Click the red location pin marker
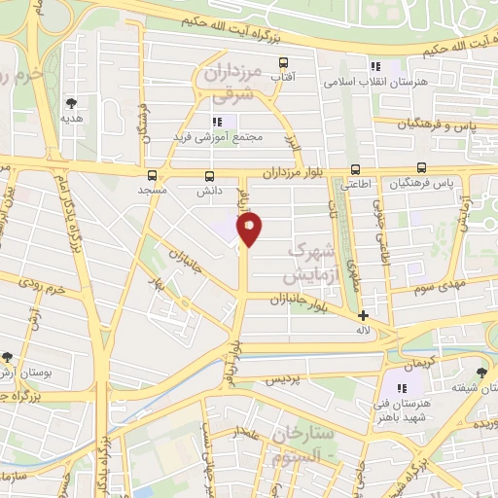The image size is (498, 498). tap(250, 229)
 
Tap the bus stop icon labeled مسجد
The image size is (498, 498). tap(152, 176)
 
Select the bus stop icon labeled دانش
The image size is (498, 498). tap(208, 176)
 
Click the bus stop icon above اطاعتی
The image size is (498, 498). tap(354, 167)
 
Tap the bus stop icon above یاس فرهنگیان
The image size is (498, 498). tap(421, 167)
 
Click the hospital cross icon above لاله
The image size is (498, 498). tap(363, 316)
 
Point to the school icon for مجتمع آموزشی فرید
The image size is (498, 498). tap(218, 122)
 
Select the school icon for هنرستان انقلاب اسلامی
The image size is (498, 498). tap(374, 66)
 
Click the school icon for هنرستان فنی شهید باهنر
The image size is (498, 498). tap(403, 388)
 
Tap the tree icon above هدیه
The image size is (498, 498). tap(72, 102)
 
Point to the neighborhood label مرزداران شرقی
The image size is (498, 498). tap(230, 81)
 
